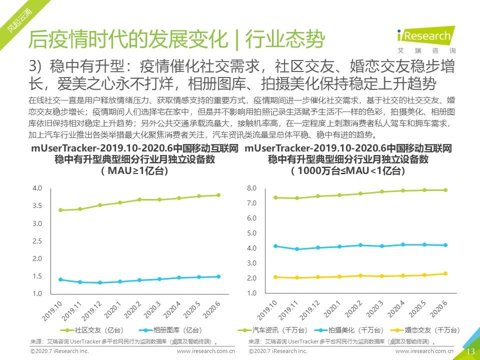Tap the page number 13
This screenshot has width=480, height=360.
coord(470,351)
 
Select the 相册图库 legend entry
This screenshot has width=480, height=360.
coord(165,330)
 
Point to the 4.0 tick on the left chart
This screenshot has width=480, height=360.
coord(37,188)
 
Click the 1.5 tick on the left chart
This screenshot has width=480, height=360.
coord(37,276)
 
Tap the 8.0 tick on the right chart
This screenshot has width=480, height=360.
coord(251,188)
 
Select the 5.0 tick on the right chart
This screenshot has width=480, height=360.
coord(251,233)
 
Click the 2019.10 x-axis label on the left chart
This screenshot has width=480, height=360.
coord(52,310)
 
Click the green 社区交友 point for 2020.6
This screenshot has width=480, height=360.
coord(218,195)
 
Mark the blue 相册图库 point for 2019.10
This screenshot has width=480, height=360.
coord(60,279)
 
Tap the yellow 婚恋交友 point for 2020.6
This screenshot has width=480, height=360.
coord(445,273)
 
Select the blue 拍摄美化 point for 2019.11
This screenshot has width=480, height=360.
coord(297,249)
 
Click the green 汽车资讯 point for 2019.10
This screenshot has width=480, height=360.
coord(275,197)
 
